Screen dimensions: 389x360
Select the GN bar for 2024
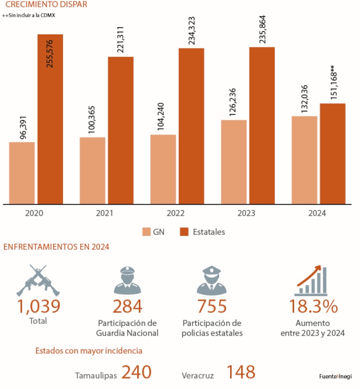[304, 160]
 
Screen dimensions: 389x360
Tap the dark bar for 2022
[192, 126]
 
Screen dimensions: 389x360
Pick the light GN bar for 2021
[93, 170]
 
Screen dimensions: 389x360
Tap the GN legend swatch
[147, 232]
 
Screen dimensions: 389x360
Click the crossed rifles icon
[38, 280]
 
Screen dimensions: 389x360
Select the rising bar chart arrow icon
[311, 280]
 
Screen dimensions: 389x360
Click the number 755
[212, 306]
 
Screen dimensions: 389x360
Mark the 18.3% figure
[313, 306]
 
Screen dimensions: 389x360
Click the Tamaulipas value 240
[136, 372]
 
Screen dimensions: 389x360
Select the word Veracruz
[198, 375]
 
